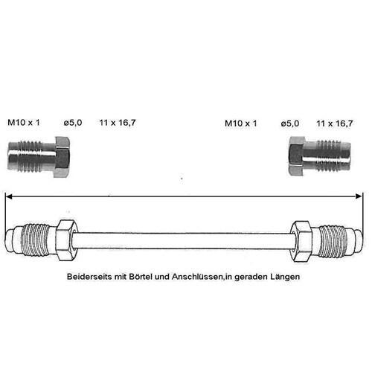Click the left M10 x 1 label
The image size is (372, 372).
point(24,123)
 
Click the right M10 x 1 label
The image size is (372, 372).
point(240,124)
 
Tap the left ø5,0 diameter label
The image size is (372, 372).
point(73,123)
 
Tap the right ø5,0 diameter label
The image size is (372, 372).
point(290,124)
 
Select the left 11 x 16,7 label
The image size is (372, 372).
point(118,123)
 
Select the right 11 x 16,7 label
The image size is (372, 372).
point(335,124)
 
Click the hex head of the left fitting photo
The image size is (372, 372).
point(62,157)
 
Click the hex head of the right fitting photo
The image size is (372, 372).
point(296,156)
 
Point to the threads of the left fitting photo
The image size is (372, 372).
point(30,156)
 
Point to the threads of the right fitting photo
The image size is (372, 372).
point(328,155)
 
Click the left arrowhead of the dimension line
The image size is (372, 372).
point(9,196)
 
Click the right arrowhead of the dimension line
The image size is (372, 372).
point(359,196)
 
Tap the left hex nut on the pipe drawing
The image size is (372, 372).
point(65,240)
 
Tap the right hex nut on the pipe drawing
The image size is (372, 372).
point(301,241)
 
